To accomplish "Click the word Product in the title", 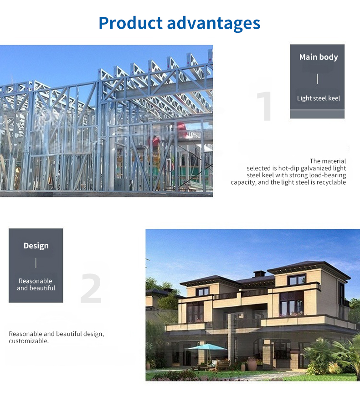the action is point(130,23).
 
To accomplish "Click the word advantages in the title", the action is point(213,24).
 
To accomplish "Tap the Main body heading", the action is point(319,57).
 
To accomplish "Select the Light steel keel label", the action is point(319,98).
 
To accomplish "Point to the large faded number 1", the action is point(265,106).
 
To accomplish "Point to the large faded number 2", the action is point(91,288).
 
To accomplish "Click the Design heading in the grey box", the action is point(36,246).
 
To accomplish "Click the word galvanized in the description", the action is point(317,168).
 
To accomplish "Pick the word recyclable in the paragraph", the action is point(331,182).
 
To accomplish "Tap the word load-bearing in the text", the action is point(328,175).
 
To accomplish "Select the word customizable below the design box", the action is point(29,341).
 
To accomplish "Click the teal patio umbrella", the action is point(207,347).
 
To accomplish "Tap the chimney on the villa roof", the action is point(259,273).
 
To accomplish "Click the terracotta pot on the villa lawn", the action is point(252,364).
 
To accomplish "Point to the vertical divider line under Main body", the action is point(317,79).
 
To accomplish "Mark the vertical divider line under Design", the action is point(36,263).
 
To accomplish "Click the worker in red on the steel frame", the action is point(156,143).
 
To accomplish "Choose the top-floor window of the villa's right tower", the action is point(296,279).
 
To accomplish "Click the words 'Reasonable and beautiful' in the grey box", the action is point(36,284).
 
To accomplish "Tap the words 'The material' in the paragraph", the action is point(328,161).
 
